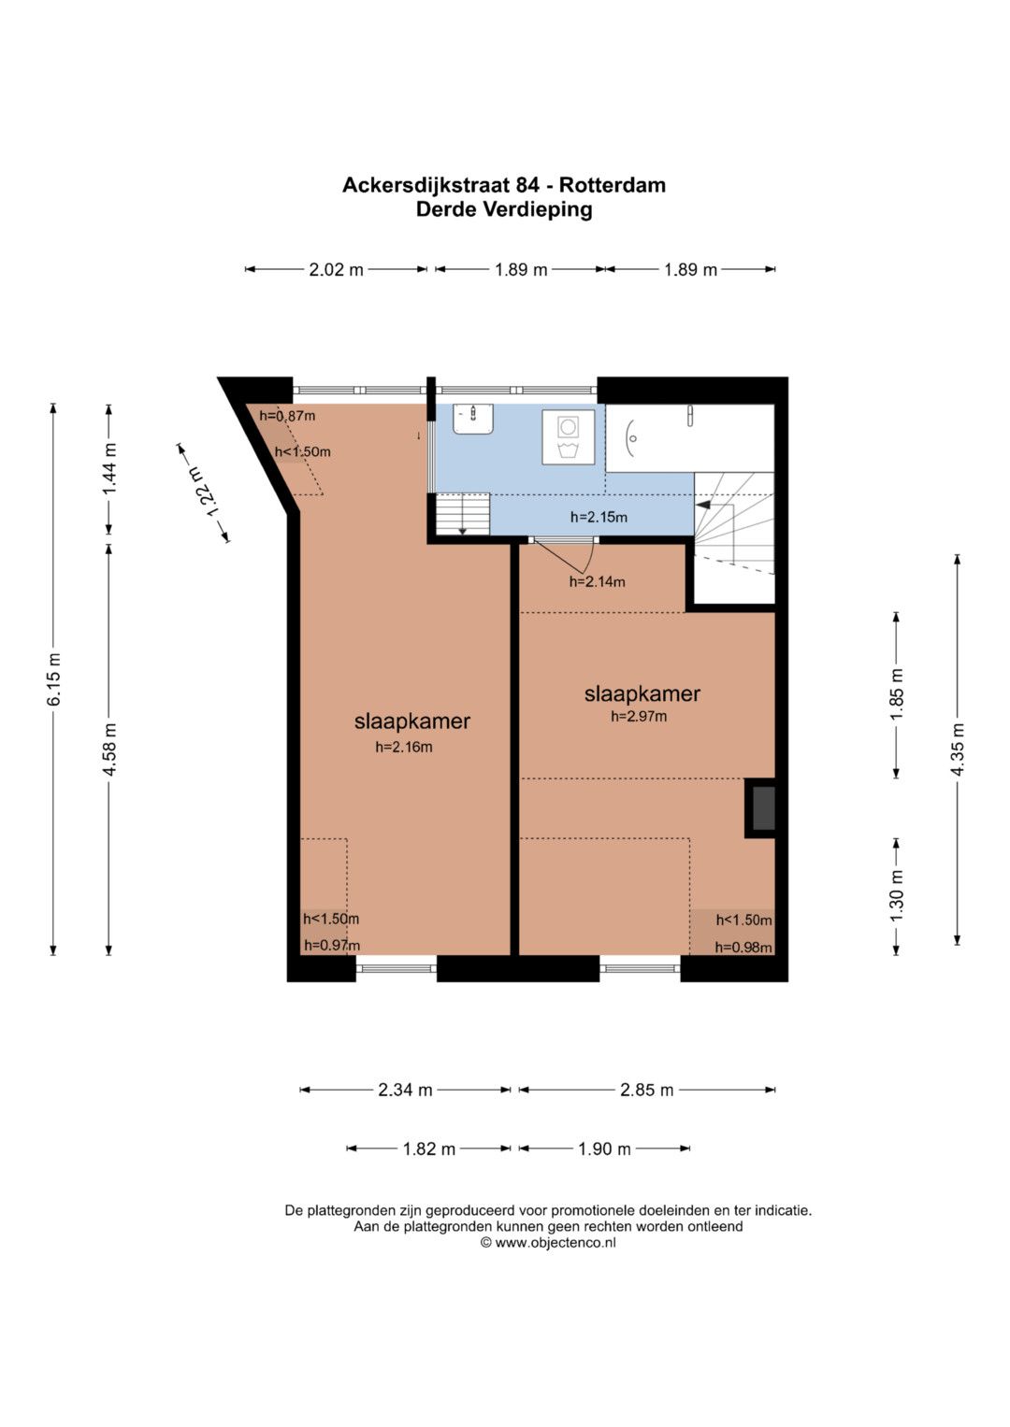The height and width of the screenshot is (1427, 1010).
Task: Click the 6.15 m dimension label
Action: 55,678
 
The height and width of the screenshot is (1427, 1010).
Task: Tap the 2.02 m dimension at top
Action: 336,269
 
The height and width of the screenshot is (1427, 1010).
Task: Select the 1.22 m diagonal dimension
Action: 204,493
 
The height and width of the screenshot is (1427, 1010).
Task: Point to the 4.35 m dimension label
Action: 957,749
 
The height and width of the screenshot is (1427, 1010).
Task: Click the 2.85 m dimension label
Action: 646,1090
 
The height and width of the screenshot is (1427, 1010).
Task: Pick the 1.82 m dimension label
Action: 428,1149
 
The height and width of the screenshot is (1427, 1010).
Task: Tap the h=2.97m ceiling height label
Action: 639,716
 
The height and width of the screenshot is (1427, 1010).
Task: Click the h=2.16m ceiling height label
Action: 404,748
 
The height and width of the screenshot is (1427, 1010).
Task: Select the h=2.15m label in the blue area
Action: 599,518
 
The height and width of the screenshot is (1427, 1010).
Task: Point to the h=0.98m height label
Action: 743,948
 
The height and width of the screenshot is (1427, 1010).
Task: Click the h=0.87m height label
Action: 287,416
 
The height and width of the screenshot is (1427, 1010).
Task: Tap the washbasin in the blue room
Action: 474,419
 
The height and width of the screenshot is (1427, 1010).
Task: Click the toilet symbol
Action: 568,437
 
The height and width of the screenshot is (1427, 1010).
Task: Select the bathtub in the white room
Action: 689,437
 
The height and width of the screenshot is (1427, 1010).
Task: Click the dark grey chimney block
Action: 763,808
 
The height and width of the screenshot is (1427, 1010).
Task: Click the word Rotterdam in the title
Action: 613,185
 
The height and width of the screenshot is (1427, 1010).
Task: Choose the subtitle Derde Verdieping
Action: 504,209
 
